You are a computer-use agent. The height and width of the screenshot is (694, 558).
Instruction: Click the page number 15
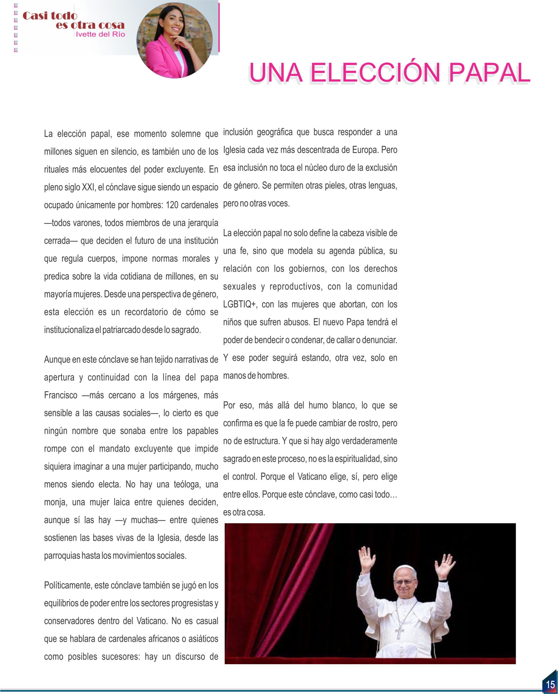550,684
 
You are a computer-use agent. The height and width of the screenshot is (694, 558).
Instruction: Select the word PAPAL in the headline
489,73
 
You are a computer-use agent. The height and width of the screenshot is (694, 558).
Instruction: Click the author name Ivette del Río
100,34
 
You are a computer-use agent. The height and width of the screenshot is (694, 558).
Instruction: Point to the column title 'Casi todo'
50,16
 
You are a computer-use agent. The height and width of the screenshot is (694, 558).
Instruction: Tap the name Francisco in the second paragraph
60,395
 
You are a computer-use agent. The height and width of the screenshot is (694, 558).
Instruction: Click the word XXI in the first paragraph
88,187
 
